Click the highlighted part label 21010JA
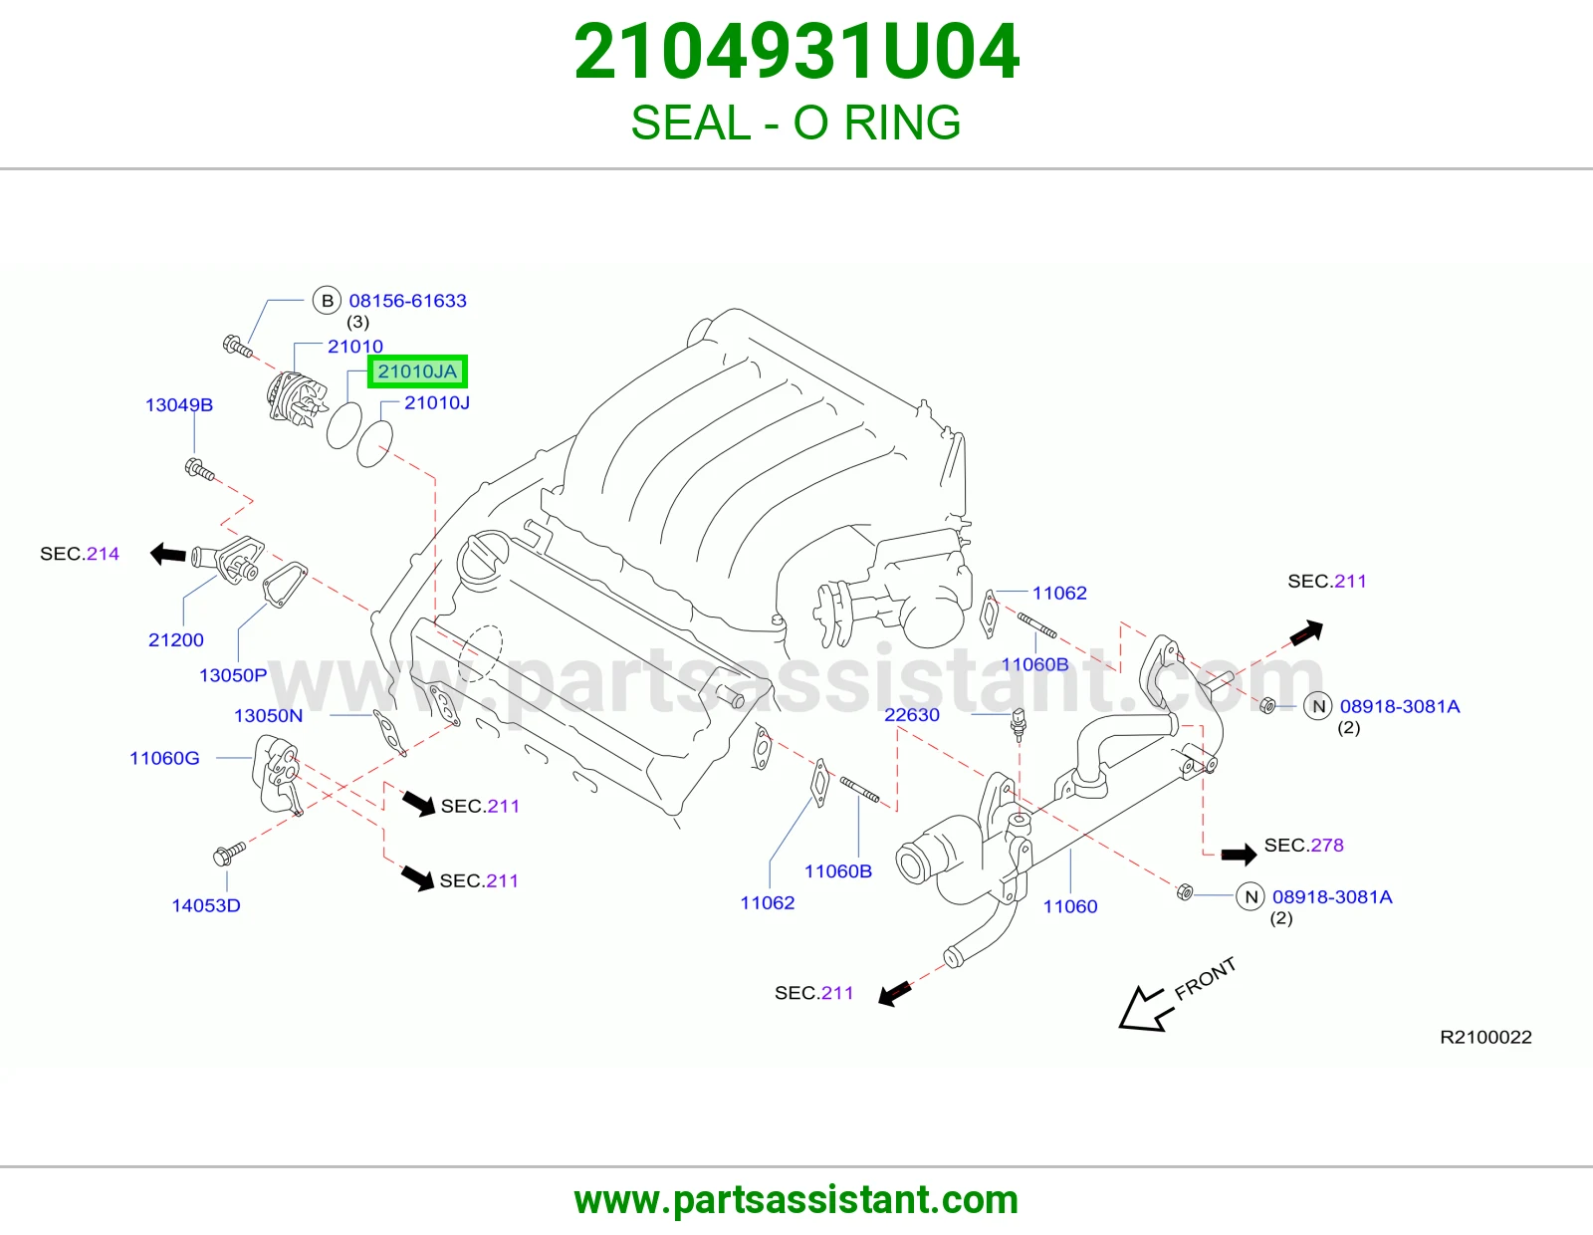(x=417, y=371)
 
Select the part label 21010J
(x=437, y=402)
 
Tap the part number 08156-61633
(x=407, y=301)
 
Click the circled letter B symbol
(x=327, y=301)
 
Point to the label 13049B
(x=179, y=404)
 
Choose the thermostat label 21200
(x=176, y=639)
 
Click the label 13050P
(x=233, y=674)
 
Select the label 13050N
(x=268, y=715)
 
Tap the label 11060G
(x=165, y=758)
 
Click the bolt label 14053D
(x=206, y=905)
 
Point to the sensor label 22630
(x=912, y=714)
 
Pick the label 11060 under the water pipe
(x=1070, y=906)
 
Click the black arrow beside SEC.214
(x=168, y=554)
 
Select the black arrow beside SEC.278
(x=1239, y=854)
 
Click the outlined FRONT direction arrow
(x=1142, y=1009)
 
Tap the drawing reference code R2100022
(x=1485, y=1037)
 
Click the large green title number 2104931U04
(x=796, y=52)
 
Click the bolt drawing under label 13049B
(x=200, y=469)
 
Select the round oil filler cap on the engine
(x=483, y=558)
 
